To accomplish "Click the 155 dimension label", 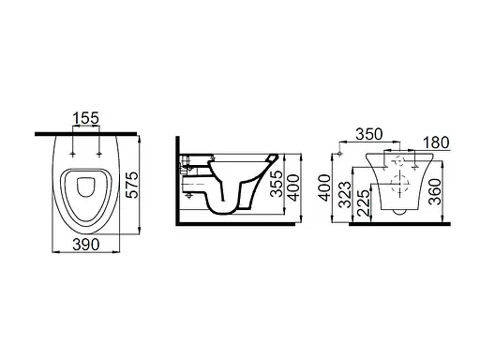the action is pyautogui.click(x=85, y=118).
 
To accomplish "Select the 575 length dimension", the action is pyautogui.click(x=131, y=185).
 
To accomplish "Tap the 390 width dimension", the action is pyautogui.click(x=86, y=244).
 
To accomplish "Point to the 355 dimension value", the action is pyautogui.click(x=277, y=184).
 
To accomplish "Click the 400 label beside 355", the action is pyautogui.click(x=292, y=187).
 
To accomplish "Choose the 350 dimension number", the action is pyautogui.click(x=369, y=134).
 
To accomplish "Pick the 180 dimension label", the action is pyautogui.click(x=436, y=142).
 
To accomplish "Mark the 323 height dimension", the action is pyautogui.click(x=346, y=194).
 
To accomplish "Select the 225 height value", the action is pyautogui.click(x=363, y=202).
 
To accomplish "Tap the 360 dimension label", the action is pyautogui.click(x=435, y=191).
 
